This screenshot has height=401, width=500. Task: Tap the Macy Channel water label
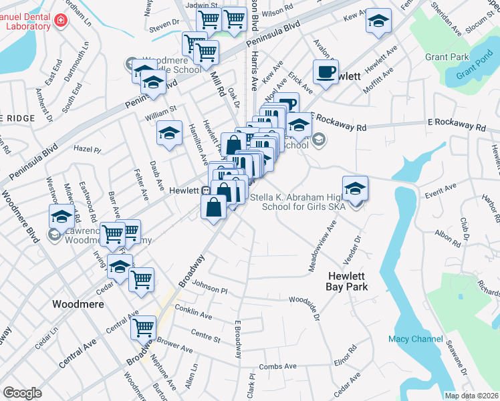415,339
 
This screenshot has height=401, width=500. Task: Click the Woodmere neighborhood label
78,303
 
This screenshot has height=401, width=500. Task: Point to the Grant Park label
447,57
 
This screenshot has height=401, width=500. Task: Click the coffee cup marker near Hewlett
326,73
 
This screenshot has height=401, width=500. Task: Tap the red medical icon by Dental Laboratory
61,21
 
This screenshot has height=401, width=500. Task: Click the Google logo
22,392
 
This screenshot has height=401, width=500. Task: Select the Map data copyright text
471,396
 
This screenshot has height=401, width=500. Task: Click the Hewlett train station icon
207,190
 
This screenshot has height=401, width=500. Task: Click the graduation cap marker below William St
170,133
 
